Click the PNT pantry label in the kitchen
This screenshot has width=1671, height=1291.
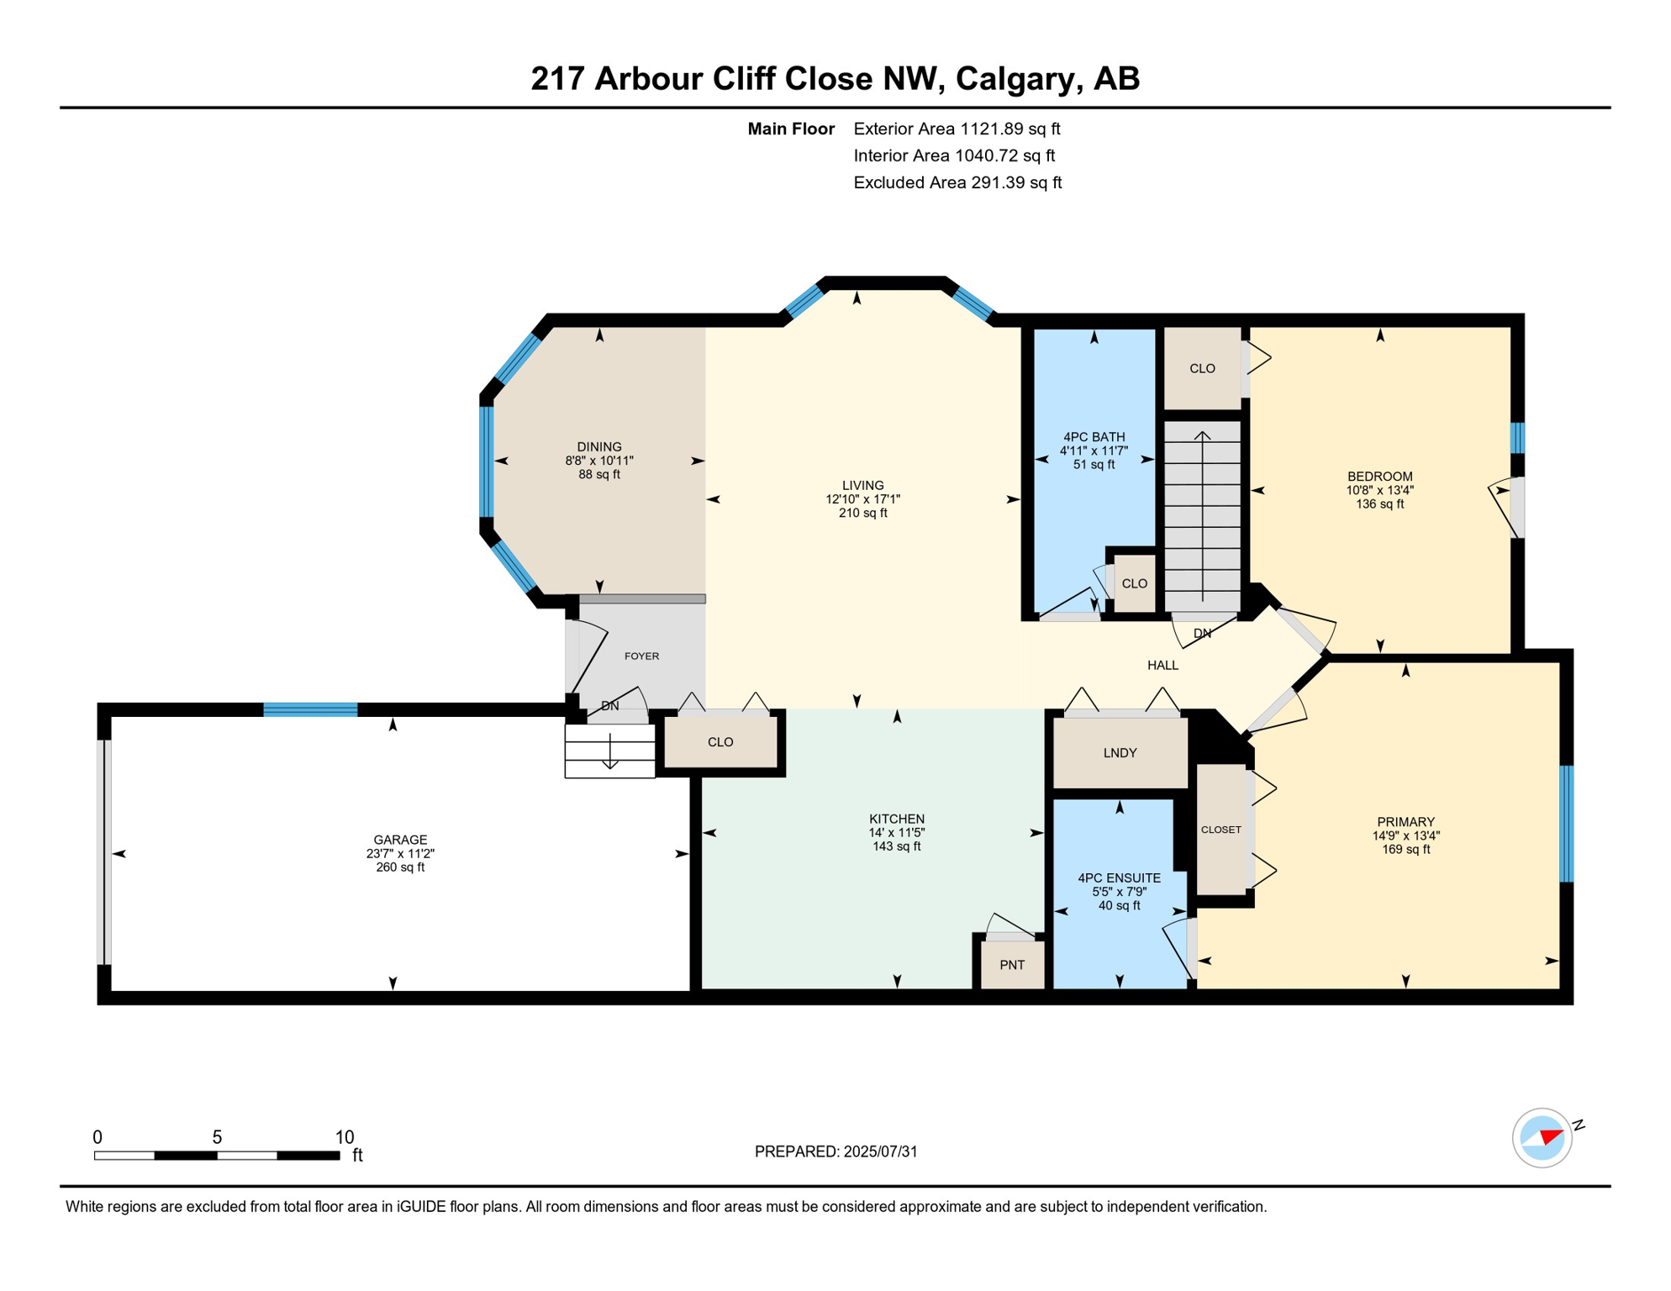tap(1012, 965)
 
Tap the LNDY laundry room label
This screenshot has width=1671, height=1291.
tap(1120, 753)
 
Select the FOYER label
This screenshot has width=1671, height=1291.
tap(641, 656)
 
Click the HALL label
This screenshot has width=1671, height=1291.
tap(1162, 666)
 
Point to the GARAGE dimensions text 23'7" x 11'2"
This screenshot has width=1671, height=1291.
tap(400, 854)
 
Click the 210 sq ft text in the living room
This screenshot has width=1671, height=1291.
tap(862, 514)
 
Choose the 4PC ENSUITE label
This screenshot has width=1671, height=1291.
tap(1119, 878)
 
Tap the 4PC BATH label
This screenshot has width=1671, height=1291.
tap(1094, 437)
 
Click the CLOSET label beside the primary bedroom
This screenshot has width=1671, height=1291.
tap(1220, 830)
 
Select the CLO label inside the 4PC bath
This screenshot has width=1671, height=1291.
tap(1134, 584)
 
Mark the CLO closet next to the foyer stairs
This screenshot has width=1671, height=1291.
tap(720, 743)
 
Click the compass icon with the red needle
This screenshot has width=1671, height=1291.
tap(1542, 1138)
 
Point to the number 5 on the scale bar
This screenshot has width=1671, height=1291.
tap(217, 1137)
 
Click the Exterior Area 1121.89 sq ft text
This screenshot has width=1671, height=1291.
tap(957, 129)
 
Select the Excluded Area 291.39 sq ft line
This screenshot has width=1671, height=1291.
tap(957, 183)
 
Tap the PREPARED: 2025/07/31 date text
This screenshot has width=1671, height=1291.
tap(835, 1152)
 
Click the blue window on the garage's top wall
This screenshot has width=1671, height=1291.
tap(310, 710)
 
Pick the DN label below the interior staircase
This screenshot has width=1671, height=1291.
tap(1202, 634)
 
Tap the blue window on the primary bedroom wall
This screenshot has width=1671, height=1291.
tap(1567, 824)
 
